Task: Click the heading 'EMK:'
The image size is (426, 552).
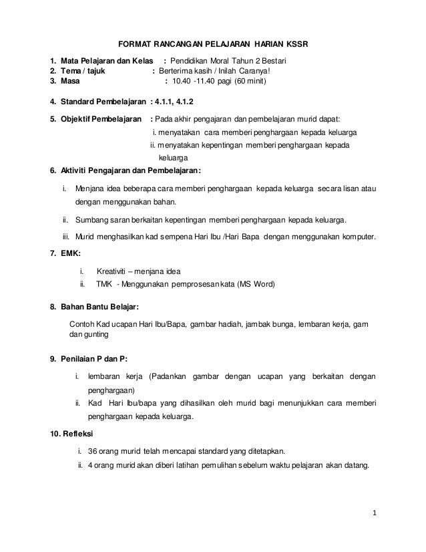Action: tap(70, 254)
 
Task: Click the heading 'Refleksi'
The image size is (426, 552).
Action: tap(77, 433)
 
